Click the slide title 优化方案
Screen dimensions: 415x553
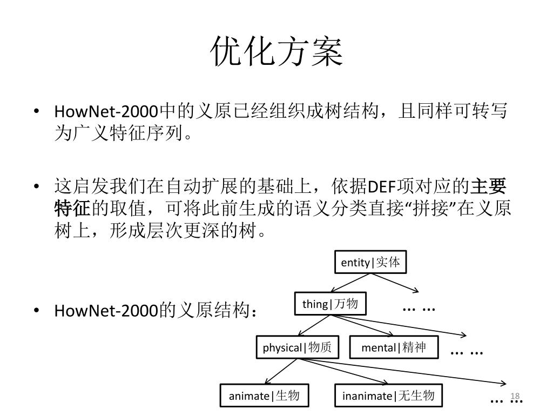tap(276, 52)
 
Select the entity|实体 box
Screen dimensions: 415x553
tap(370, 263)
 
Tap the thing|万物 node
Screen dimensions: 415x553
tap(330, 304)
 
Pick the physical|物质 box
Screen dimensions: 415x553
tap(297, 347)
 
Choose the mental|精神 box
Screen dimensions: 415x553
tap(394, 347)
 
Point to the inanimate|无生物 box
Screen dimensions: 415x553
tap(388, 396)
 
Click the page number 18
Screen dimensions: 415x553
tap(514, 396)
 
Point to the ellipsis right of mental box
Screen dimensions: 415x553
tap(466, 352)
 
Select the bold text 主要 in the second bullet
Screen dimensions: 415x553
tap(489, 187)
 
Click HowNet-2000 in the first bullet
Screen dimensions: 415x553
tap(106, 112)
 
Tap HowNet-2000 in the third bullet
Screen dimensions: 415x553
tap(106, 311)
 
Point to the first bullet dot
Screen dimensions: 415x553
tap(36, 112)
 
